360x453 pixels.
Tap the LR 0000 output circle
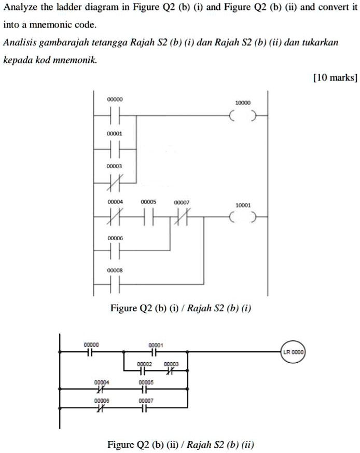pos(294,352)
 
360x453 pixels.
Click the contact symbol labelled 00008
pos(115,284)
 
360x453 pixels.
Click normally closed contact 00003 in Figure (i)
pos(115,183)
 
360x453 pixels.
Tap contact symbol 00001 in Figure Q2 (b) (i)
pos(115,149)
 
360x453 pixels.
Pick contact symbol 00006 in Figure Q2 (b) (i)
pos(115,251)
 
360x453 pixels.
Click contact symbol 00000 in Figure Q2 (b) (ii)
pos(91,352)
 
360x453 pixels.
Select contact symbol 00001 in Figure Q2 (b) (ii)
pos(155,352)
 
